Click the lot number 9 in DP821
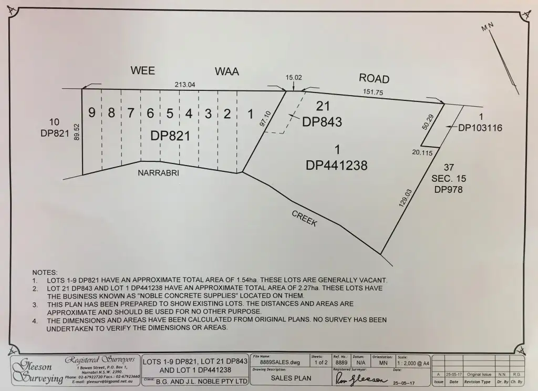click(91, 112)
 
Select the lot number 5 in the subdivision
click(170, 113)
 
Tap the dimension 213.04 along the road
click(184, 85)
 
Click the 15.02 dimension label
click(294, 77)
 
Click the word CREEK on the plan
click(305, 219)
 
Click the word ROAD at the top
click(374, 78)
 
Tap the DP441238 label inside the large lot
click(336, 165)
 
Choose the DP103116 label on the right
click(480, 128)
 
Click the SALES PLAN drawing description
click(291, 378)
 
